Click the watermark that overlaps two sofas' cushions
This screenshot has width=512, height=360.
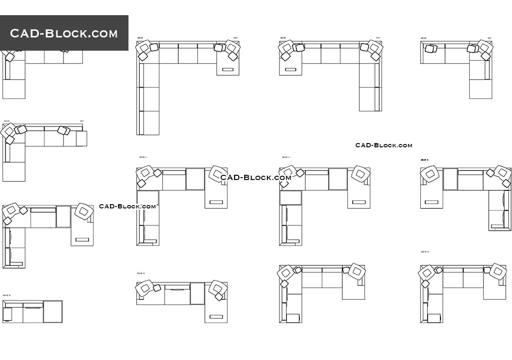tap(256, 178)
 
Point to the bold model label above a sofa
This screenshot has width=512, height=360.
tap(424, 160)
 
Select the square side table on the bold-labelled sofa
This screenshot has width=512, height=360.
tap(450, 179)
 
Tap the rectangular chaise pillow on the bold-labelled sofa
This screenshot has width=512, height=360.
tap(431, 202)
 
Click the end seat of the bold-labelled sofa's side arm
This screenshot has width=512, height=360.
tap(500, 221)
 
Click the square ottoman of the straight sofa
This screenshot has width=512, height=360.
tap(53, 312)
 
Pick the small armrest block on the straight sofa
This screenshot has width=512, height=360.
tap(8, 314)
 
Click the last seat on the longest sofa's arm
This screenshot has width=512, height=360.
tap(149, 123)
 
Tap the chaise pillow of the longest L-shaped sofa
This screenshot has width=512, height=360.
tap(228, 70)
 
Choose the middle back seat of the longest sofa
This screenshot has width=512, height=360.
tap(188, 54)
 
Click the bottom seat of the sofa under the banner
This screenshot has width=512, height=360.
tap(14, 89)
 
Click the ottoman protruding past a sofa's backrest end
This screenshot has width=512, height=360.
tap(82, 139)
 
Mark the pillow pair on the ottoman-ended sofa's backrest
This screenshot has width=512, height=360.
tap(64, 130)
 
